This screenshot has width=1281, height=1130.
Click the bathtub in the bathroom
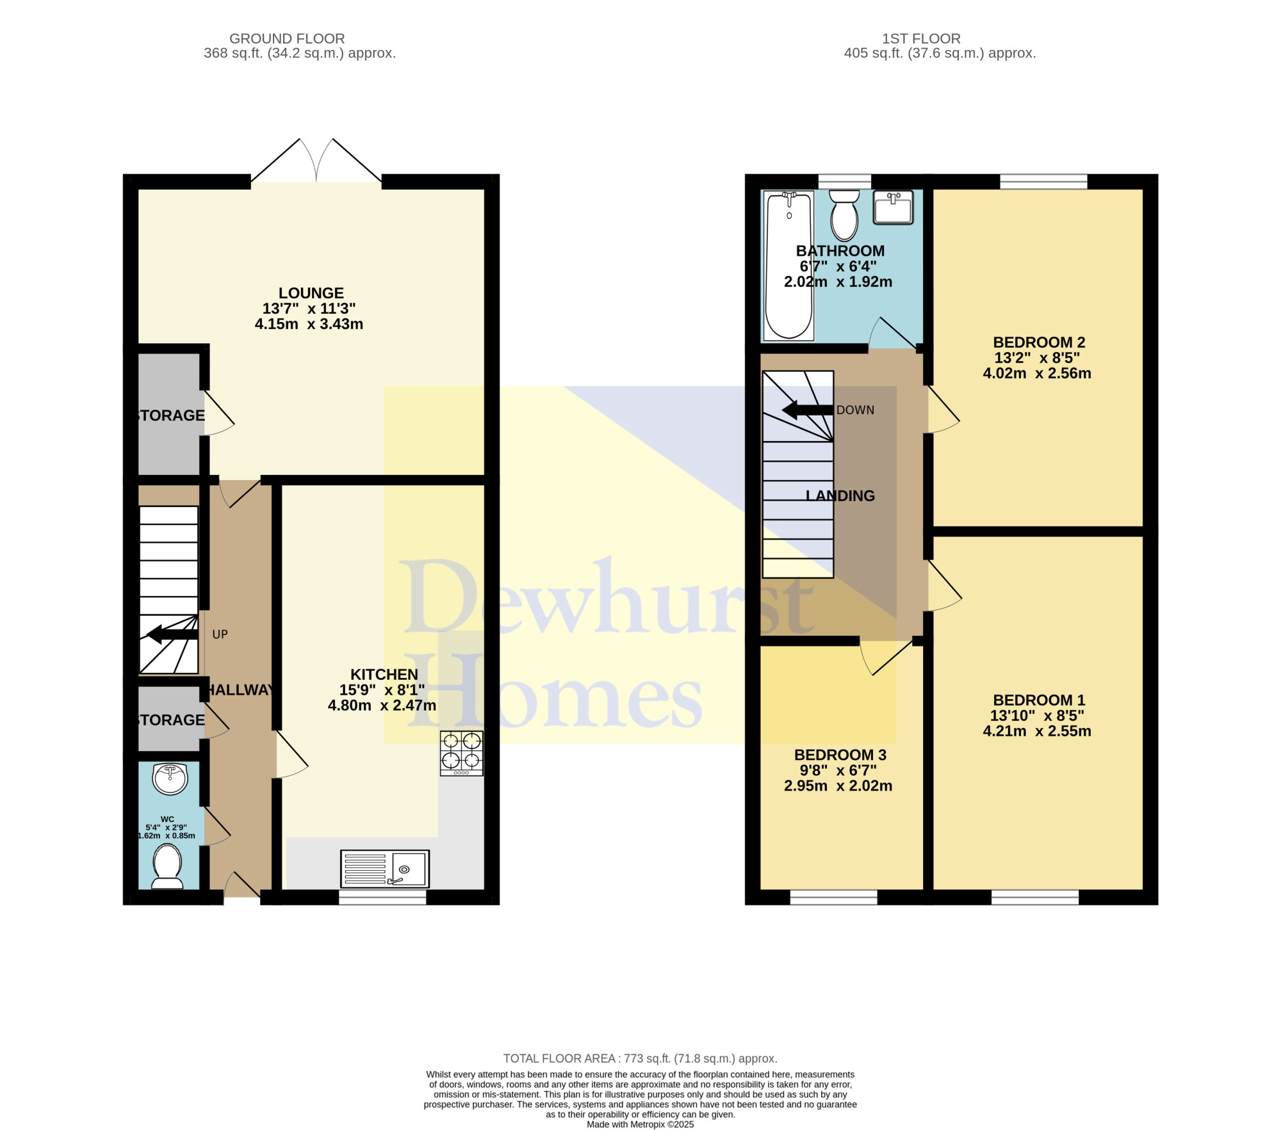[788, 265]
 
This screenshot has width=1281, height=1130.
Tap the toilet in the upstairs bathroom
[844, 215]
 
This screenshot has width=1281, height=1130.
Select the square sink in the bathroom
[893, 207]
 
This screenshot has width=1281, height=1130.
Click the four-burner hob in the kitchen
[461, 754]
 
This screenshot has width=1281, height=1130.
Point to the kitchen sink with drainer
[385, 868]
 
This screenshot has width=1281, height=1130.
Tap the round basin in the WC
[170, 779]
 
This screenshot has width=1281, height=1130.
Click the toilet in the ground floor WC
[167, 867]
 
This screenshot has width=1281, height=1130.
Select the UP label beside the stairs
[220, 634]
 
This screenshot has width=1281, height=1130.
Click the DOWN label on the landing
[855, 410]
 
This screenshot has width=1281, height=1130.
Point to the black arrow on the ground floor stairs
[172, 634]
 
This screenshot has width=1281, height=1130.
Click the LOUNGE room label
[311, 293]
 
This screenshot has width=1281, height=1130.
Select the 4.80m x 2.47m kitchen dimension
[382, 706]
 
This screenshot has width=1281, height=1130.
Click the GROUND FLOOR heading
[287, 39]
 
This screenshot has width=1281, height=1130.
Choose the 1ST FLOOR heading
[921, 39]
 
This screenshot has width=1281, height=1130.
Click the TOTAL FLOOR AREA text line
[640, 1058]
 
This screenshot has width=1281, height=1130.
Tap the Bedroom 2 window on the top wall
[1043, 182]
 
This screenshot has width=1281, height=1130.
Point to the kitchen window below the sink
[382, 897]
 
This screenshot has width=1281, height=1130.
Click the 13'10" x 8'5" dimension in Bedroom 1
[1038, 716]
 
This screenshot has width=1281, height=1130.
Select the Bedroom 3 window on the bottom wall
[833, 897]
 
